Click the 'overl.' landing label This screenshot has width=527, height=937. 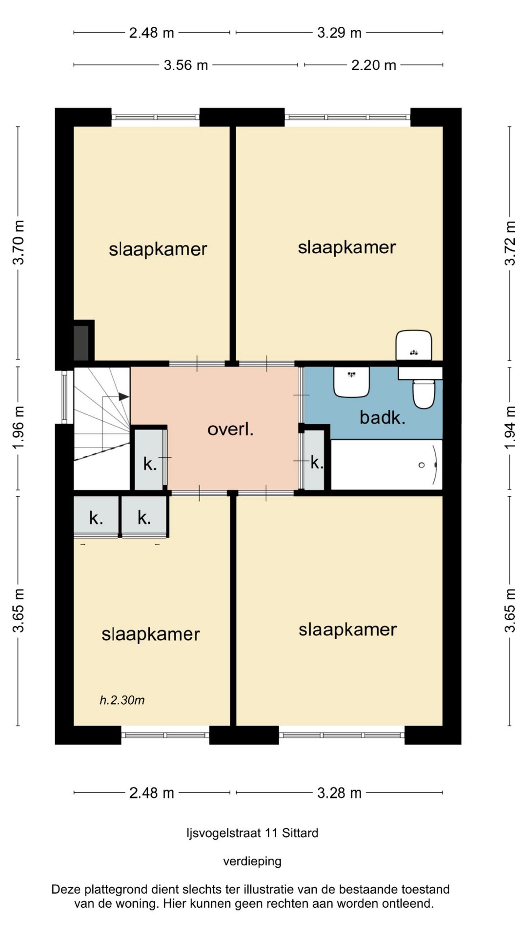230,429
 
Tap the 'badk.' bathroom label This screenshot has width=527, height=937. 383,418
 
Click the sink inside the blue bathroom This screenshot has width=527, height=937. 351,382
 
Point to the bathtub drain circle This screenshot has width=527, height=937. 422,465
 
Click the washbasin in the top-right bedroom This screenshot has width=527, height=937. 414,346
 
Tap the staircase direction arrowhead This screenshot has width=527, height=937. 124,397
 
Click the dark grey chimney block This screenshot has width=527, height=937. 81,343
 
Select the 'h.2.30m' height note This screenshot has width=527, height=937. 122,700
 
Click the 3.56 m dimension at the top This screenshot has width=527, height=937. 186,65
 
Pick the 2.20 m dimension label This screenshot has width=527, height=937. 374,65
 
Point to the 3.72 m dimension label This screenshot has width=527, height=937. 510,243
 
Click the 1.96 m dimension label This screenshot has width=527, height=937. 18,428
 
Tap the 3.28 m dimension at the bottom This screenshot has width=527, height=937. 340,793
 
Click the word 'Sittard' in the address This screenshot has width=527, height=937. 300,833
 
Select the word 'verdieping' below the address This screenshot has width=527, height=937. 252,861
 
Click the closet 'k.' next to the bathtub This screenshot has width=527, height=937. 317,462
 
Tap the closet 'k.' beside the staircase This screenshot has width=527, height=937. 150,464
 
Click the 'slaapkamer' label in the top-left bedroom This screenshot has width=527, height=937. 158,249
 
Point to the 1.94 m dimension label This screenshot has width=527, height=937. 510,428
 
